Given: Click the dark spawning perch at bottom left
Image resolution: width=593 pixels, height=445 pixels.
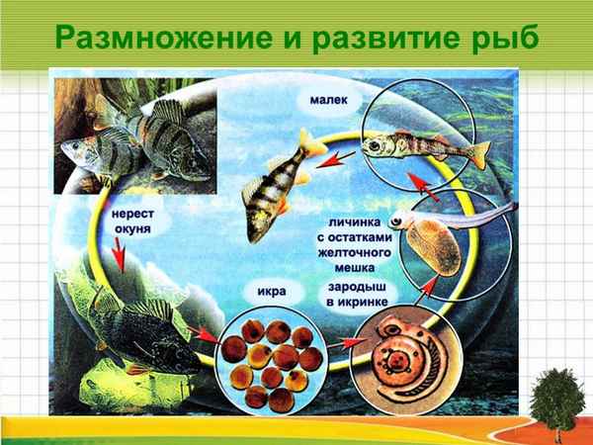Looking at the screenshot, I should pyautogui.click(x=138, y=331).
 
